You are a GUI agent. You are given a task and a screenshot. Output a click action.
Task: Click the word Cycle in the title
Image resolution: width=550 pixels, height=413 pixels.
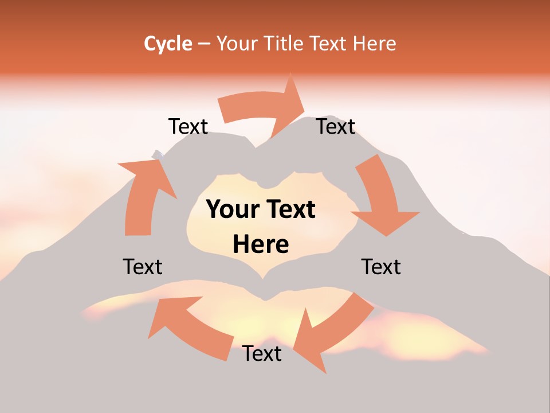coord(168,44)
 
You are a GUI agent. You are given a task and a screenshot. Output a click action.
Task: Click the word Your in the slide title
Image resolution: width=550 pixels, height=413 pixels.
coord(237,44)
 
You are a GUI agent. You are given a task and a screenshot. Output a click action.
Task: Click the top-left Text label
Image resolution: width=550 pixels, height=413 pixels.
coord(188,126)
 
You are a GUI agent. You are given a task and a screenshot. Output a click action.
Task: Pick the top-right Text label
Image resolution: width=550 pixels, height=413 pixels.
coord(336,126)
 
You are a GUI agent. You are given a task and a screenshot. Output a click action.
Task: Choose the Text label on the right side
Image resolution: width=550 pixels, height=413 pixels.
coord(381,267)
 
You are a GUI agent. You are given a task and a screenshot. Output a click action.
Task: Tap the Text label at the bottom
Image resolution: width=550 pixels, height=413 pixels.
coord(262,353)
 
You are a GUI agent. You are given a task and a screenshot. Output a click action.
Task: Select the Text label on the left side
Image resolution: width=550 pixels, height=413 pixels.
coord(143,267)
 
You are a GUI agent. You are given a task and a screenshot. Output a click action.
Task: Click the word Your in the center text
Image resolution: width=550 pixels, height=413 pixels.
coord(231,210)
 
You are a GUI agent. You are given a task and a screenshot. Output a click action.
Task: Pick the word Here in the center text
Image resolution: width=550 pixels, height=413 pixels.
coord(261,245)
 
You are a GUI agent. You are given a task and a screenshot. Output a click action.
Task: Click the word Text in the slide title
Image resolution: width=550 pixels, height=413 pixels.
coord(329,44)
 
